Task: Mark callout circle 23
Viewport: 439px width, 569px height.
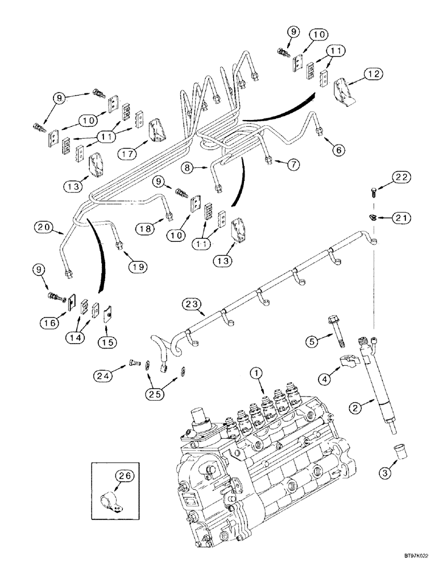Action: click(193, 306)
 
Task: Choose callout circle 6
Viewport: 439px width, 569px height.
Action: click(338, 150)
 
